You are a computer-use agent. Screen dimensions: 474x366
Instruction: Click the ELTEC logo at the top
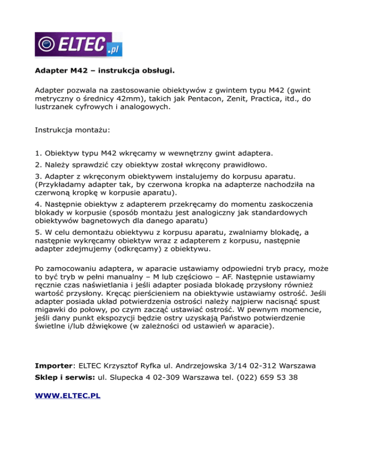(79, 45)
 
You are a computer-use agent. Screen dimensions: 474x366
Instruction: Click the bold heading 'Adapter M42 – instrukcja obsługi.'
(105, 72)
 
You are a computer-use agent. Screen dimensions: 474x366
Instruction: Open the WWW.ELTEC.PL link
(68, 396)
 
